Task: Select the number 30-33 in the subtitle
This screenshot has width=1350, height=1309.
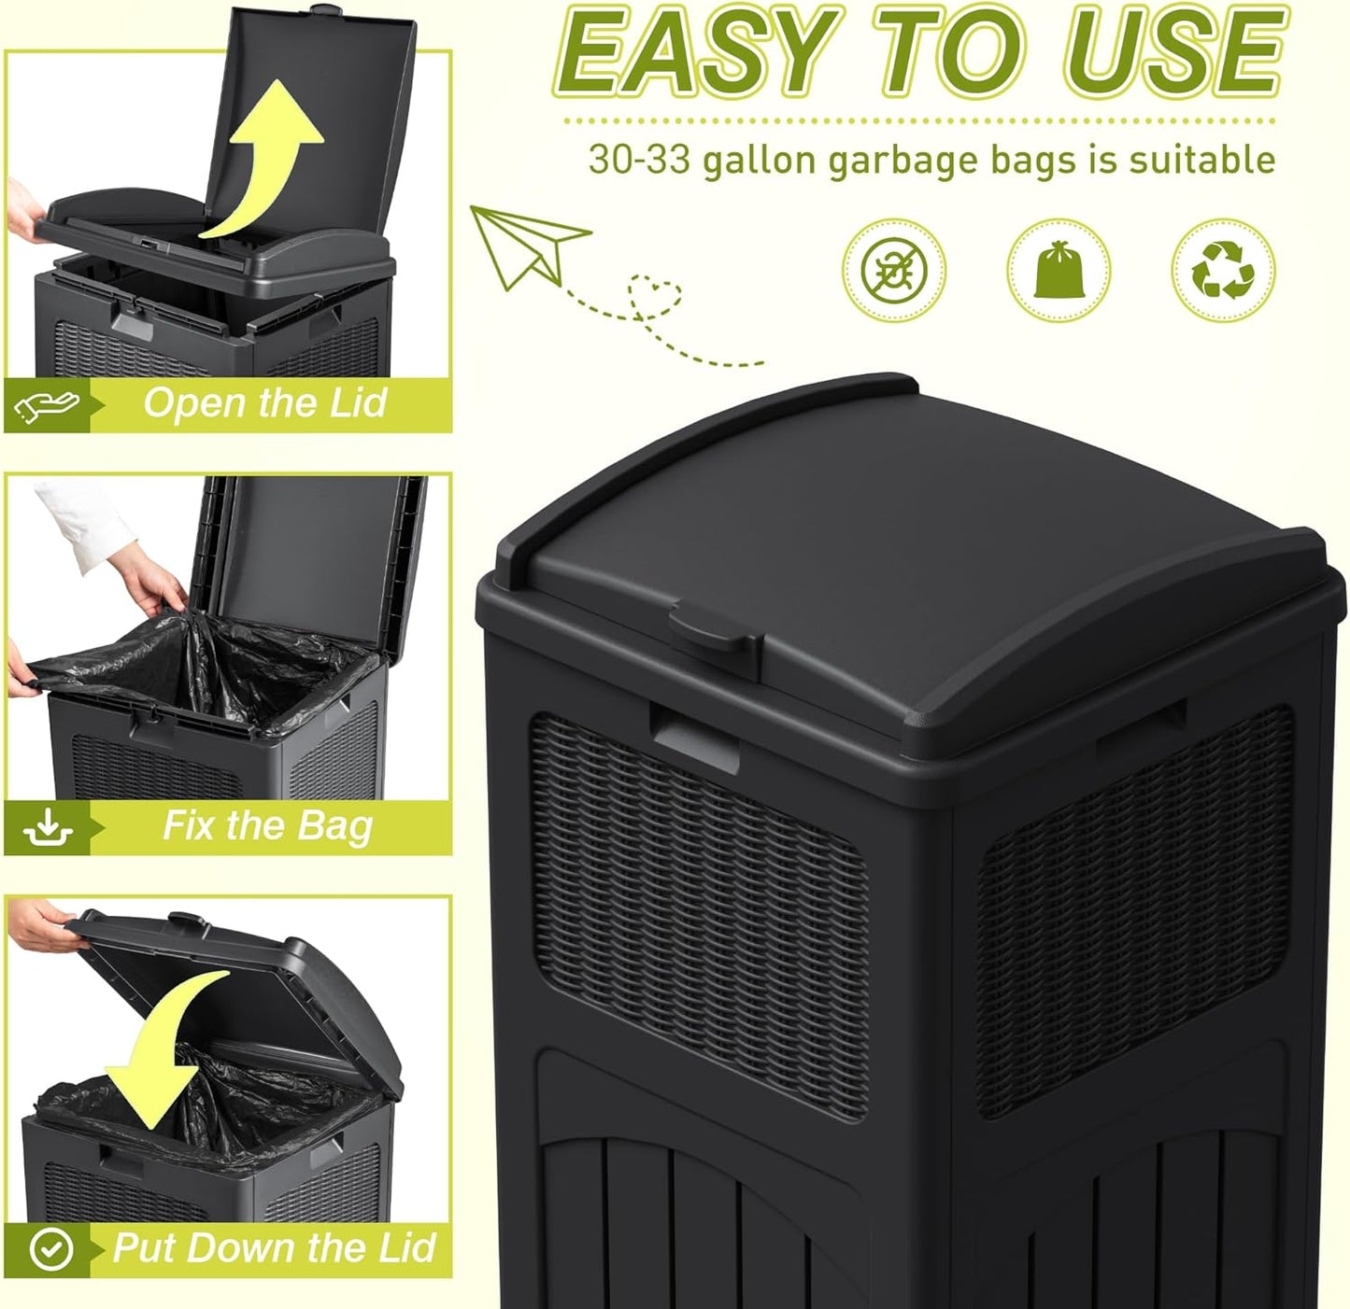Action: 639,160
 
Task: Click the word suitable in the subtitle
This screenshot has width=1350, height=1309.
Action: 1201,160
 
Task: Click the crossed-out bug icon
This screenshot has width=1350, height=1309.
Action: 894,271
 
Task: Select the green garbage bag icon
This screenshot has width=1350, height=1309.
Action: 1059,270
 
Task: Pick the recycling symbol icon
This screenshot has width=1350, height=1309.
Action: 1223,271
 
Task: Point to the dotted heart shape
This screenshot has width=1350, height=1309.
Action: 654,297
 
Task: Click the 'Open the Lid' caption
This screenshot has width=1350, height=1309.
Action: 264,403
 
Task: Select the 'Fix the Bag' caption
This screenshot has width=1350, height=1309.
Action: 267,825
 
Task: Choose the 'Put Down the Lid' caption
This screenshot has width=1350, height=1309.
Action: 273,1248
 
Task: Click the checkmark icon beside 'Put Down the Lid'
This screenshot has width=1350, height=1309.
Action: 50,1249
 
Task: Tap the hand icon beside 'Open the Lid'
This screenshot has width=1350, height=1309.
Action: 47,404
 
